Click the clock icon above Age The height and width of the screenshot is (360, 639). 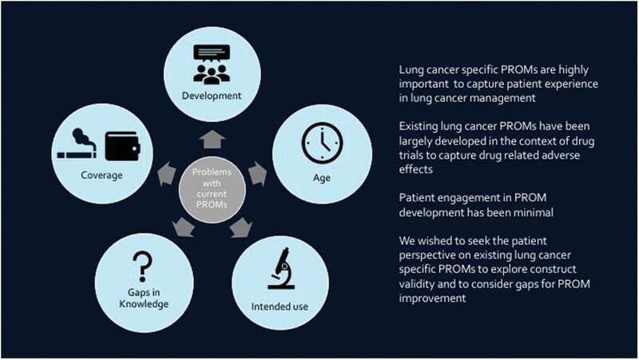322,144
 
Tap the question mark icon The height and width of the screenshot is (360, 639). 142,267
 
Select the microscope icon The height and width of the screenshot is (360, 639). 282,268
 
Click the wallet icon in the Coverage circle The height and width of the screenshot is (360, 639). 123,146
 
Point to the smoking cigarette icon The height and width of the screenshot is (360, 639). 77,144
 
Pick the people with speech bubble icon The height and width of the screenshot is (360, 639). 212,64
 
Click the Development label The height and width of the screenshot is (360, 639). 212,96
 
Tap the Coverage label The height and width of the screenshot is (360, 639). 101,175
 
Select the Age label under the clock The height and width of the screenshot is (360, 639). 322,178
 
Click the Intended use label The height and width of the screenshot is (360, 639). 280,307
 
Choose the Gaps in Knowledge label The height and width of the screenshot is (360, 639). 144,298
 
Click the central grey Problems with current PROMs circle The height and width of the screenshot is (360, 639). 212,189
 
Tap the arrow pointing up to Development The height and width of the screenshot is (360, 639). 212,140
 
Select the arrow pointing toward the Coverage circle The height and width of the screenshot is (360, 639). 167,173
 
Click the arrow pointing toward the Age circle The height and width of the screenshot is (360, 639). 257,173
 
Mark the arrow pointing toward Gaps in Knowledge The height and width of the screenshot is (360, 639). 184,227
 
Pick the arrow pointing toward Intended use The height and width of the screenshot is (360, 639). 241,227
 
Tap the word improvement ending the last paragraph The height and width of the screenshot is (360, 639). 432,299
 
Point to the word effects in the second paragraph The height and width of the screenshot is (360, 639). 415,169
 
